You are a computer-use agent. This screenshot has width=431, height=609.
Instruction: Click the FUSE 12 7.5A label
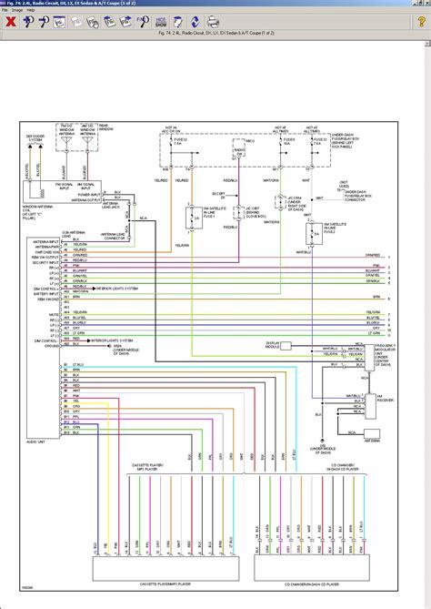pyautogui.click(x=176, y=143)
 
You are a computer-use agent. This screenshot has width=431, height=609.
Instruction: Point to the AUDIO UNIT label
pyautogui.click(x=37, y=442)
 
